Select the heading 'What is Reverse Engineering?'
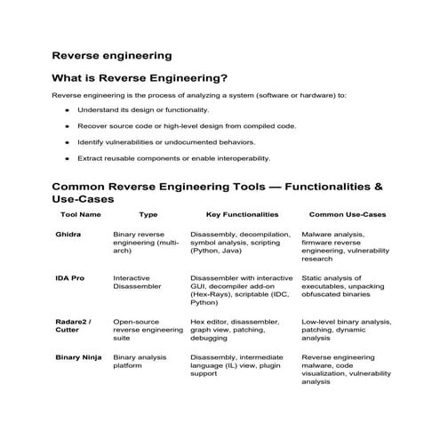140,77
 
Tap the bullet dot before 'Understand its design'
68,109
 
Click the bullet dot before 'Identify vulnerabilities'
68,142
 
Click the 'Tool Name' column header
80,214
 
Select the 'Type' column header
148,214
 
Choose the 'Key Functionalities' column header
242,214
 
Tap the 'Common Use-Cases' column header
347,214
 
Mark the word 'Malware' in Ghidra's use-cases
318,235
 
